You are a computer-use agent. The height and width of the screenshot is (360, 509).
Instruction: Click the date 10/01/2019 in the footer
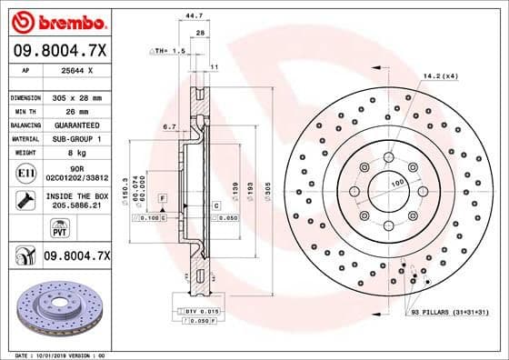58,355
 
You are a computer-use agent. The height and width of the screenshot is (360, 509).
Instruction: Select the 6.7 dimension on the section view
168,127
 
